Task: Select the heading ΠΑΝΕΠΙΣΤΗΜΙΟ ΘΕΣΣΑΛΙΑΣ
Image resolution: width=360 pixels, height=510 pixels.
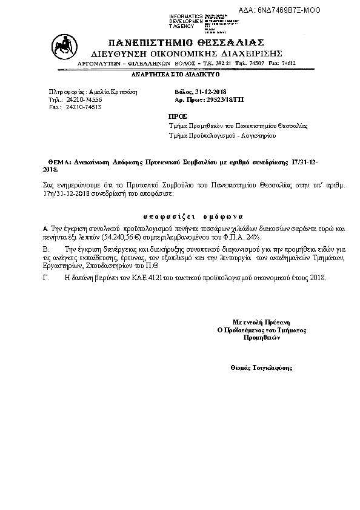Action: pos(186,42)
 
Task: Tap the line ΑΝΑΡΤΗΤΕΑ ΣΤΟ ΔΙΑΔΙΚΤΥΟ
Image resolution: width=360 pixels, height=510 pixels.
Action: pos(176,74)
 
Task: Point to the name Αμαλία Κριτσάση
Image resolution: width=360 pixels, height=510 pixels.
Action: pos(113,90)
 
